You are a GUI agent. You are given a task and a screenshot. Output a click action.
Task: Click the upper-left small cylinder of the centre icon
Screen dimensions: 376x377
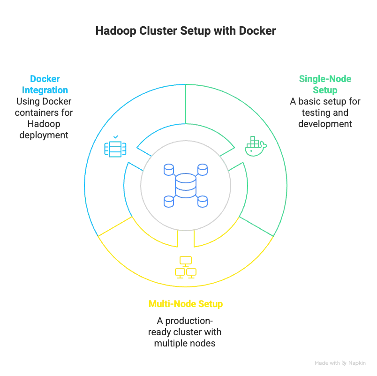click(x=168, y=169)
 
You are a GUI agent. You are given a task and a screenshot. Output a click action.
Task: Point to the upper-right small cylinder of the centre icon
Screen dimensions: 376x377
click(x=202, y=169)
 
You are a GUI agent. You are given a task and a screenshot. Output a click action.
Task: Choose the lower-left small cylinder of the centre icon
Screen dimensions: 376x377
click(x=168, y=203)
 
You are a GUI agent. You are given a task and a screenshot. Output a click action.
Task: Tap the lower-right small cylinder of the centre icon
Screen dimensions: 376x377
click(x=202, y=203)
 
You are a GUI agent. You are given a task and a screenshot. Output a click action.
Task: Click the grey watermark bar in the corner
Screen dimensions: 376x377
click(x=340, y=363)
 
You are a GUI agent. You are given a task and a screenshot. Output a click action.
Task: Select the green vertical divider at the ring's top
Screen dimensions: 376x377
click(x=187, y=103)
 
